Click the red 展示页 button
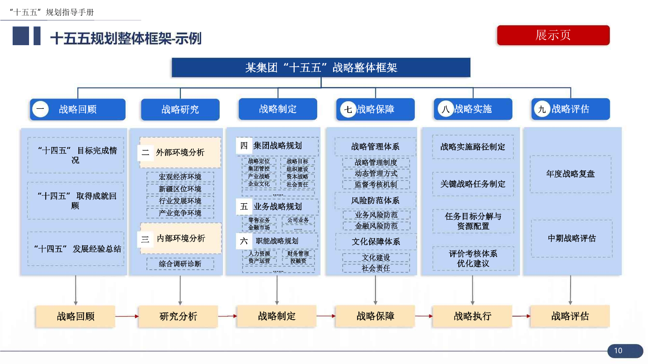point(553,35)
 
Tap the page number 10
point(618,351)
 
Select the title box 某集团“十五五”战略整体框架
point(321,67)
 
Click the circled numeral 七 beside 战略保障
point(348,109)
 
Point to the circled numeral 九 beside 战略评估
point(542,109)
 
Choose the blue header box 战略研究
point(180,109)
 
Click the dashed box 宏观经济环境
point(180,177)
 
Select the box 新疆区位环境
point(180,189)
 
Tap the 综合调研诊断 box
point(180,264)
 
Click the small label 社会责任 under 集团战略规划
point(297,184)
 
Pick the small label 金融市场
point(259,227)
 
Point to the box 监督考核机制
point(376,184)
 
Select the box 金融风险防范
point(376,226)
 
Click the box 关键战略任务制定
point(473,184)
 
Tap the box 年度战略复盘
point(570,174)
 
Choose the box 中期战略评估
point(572,238)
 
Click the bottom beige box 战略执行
point(473,316)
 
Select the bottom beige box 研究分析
point(178,316)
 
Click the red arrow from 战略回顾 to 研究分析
point(127,316)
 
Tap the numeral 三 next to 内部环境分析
point(145,239)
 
